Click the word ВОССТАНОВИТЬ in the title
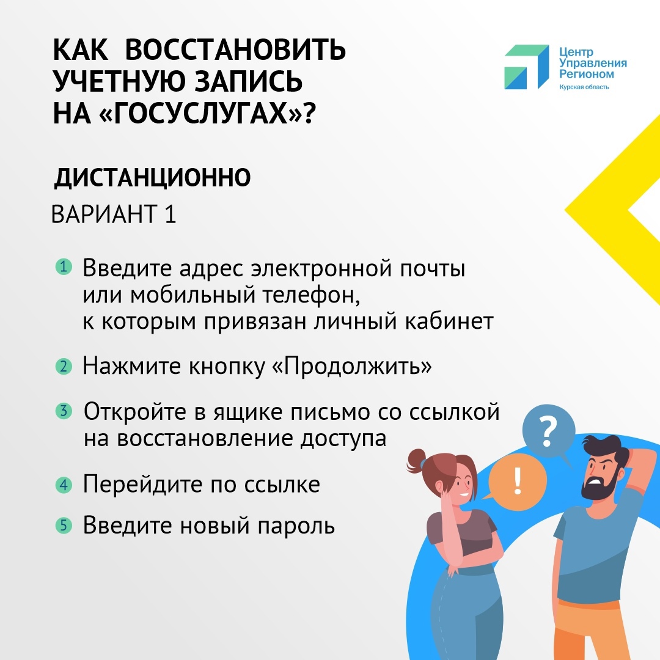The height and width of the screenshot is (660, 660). tap(235, 50)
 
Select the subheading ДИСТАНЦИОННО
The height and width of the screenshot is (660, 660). tap(152, 177)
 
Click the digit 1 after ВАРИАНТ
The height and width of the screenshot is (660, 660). tap(170, 214)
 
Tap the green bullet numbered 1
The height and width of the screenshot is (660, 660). tap(64, 267)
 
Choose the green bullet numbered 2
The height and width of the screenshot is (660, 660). tap(64, 366)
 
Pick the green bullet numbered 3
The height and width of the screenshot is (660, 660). tap(64, 411)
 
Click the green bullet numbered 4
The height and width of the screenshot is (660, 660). tap(64, 485)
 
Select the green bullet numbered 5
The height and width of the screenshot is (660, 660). tap(64, 526)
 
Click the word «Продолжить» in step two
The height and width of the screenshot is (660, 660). tap(353, 366)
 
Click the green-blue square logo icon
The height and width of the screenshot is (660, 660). tap(527, 67)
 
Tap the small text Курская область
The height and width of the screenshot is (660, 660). tap(584, 87)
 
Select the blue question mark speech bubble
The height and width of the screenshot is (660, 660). tap(548, 432)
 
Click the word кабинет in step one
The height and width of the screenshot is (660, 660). tap(449, 321)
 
